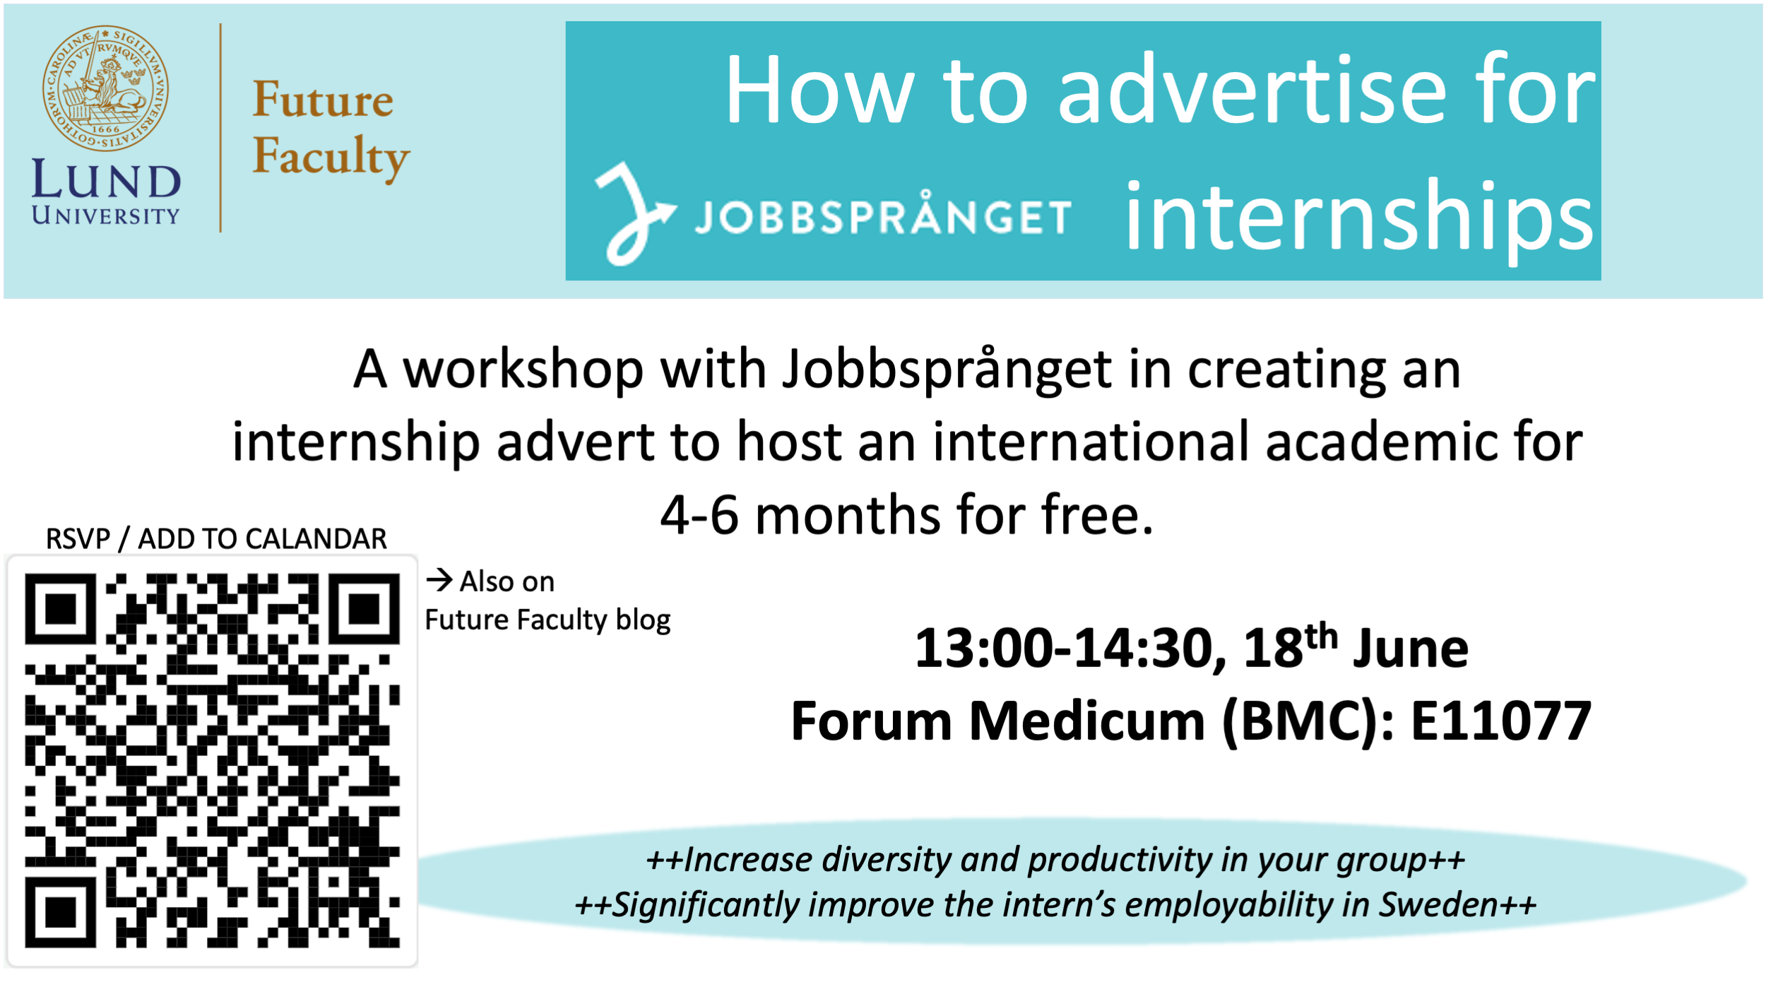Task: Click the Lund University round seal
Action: pos(105,88)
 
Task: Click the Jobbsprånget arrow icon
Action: pos(634,214)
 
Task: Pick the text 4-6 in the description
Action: pos(699,514)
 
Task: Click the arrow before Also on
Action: pos(439,580)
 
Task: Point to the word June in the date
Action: pos(1410,649)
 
